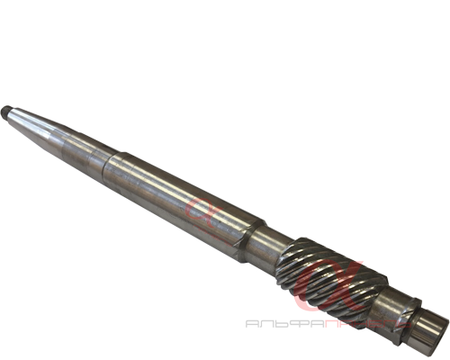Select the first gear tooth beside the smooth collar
pos(290,253)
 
